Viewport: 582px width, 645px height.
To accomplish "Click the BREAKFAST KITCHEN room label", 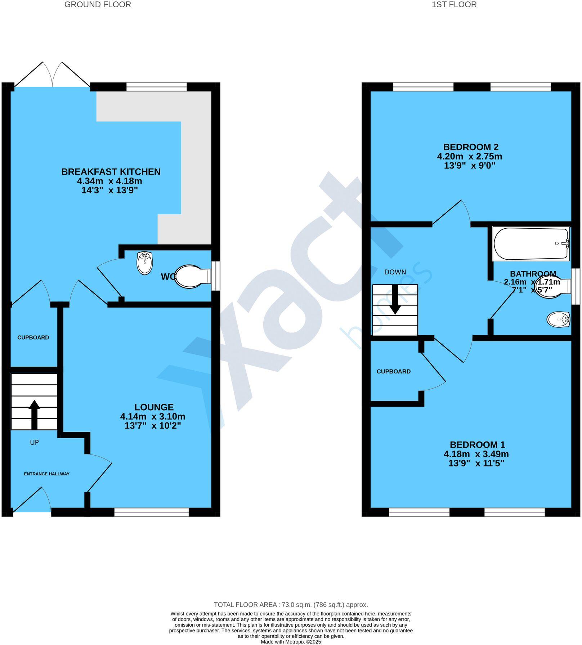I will [x=111, y=172].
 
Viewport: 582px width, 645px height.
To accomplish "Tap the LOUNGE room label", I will [x=154, y=407].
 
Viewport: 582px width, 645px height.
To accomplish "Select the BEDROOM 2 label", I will [x=471, y=147].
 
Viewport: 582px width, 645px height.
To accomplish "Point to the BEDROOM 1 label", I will [x=477, y=444].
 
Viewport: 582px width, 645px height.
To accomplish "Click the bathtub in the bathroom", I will [x=530, y=244].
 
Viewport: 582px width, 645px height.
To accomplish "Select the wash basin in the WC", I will [x=145, y=263].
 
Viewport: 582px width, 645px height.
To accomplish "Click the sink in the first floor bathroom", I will [x=558, y=319].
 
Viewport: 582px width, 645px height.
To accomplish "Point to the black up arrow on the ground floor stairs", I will [x=34, y=414].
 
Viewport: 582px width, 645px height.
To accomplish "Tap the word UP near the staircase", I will [x=34, y=442].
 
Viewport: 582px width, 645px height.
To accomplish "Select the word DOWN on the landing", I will [x=395, y=272].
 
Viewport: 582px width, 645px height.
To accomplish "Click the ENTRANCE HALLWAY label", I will [x=46, y=474].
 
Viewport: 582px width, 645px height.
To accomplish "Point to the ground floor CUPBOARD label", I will [x=33, y=337].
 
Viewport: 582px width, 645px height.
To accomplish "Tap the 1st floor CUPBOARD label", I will [x=393, y=371].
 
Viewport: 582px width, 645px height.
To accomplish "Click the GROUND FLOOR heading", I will [x=98, y=5].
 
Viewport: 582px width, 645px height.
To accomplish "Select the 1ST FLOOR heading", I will [x=454, y=5].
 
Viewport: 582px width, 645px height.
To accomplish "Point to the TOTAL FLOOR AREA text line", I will [x=291, y=605].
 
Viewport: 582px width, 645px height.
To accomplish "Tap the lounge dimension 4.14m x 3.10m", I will [x=153, y=417].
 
